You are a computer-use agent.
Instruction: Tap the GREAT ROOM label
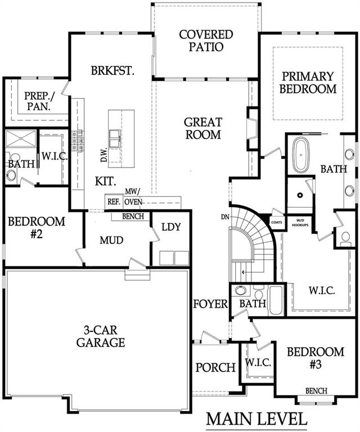click(203, 128)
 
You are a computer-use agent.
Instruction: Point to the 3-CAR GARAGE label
click(101, 336)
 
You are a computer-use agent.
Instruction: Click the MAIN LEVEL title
click(256, 420)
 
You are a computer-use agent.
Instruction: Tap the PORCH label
click(215, 367)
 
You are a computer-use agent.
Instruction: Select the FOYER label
click(210, 304)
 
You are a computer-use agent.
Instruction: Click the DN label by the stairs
click(225, 217)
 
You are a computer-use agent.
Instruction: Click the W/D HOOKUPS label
click(296, 222)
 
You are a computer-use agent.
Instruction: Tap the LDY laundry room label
click(170, 227)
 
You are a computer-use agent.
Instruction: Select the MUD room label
click(111, 240)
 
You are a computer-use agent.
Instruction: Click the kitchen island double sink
click(116, 137)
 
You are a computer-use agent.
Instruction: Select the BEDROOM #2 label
click(37, 227)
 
